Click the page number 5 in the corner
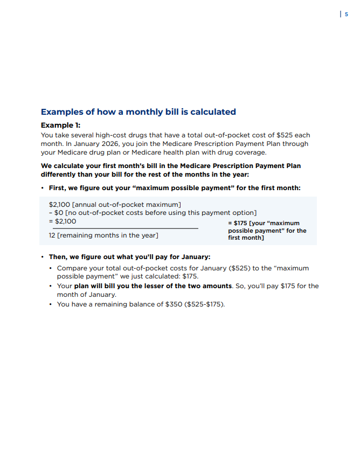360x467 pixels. pyautogui.click(x=347, y=15)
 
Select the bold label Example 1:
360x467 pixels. pyautogui.click(x=60, y=125)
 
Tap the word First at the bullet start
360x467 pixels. pyautogui.click(x=58, y=188)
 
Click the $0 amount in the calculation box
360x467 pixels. pyautogui.click(x=59, y=213)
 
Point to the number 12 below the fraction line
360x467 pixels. pyautogui.click(x=52, y=235)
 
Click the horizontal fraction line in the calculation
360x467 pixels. pyautogui.click(x=123, y=229)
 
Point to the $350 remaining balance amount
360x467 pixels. pyautogui.click(x=171, y=304)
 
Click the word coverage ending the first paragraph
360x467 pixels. pyautogui.click(x=250, y=152)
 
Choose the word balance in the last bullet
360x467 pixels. pyautogui.click(x=139, y=304)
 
